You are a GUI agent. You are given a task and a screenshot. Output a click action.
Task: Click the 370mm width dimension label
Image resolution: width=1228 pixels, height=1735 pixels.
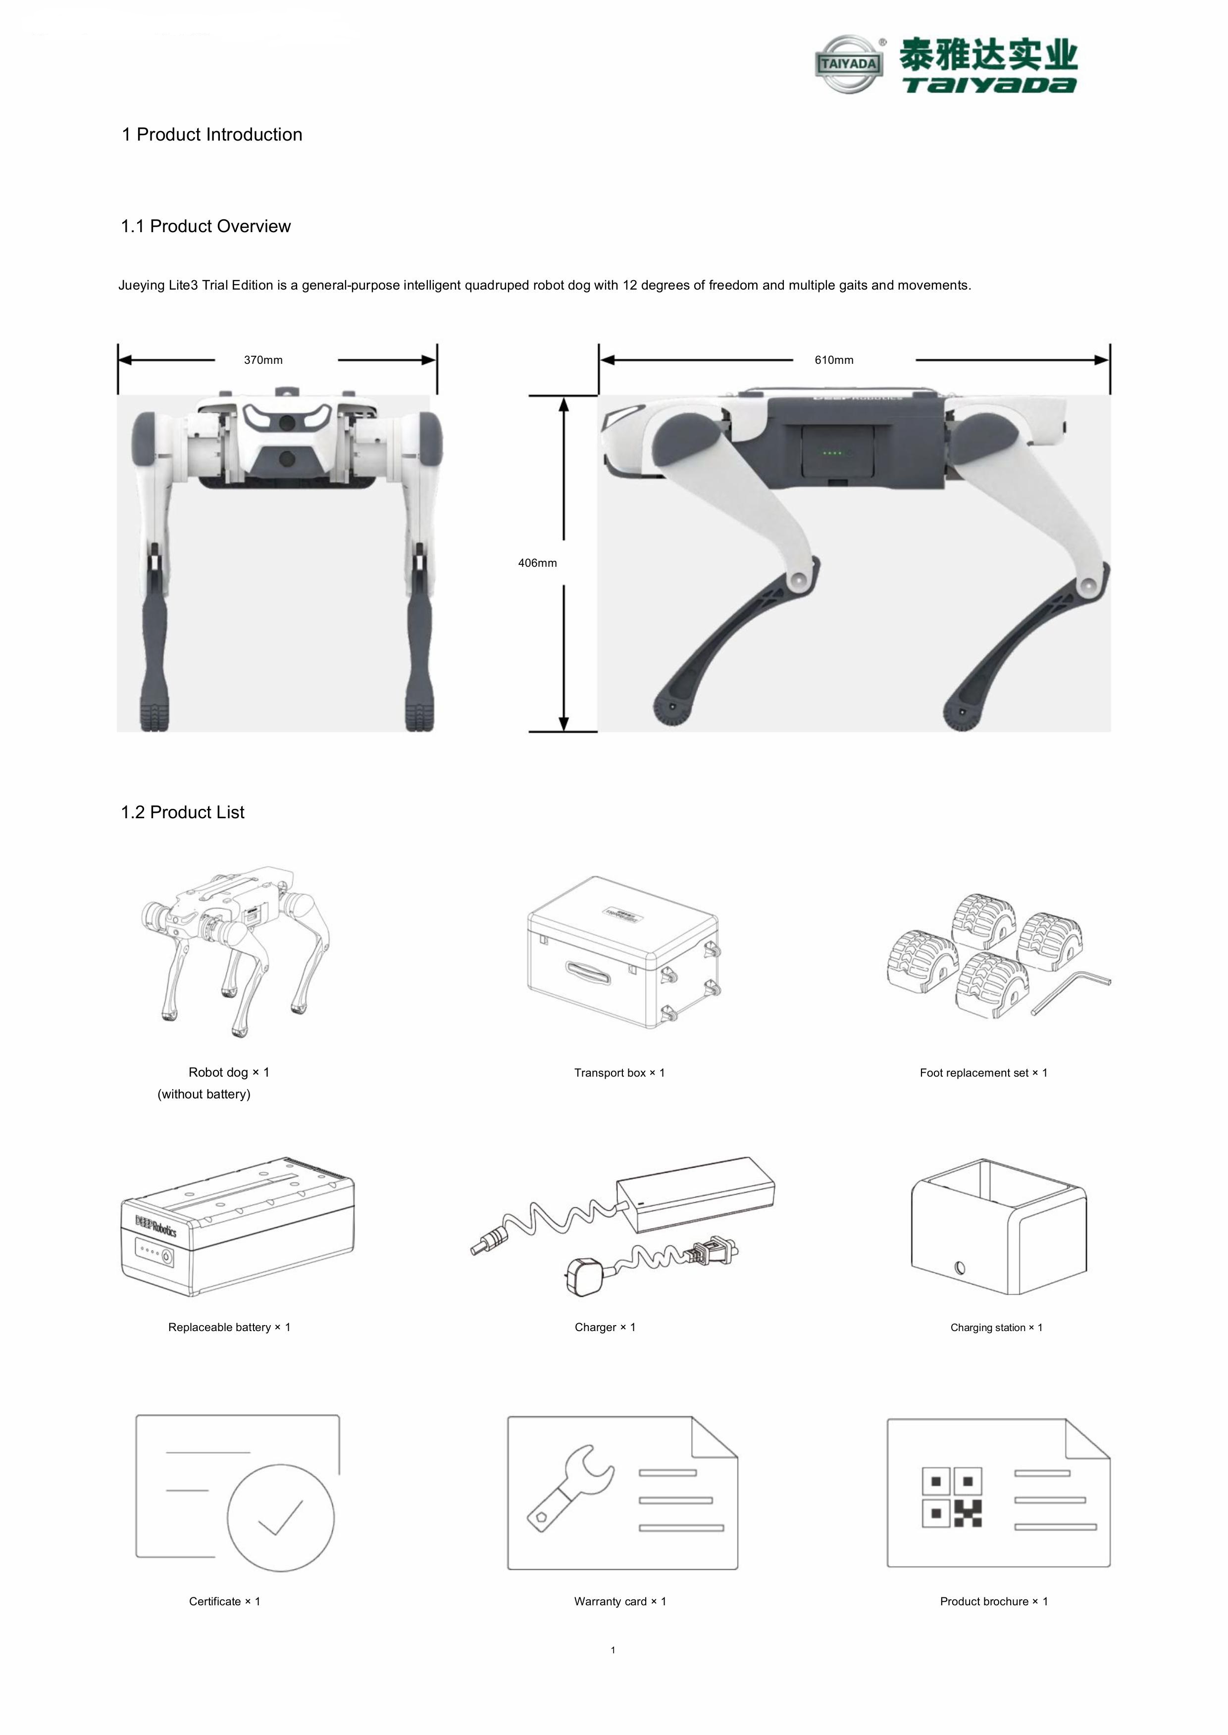tap(263, 360)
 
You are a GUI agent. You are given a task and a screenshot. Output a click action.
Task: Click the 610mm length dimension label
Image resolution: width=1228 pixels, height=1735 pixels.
tap(833, 360)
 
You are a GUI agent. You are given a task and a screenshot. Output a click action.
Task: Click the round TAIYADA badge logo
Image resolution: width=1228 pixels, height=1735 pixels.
tap(849, 64)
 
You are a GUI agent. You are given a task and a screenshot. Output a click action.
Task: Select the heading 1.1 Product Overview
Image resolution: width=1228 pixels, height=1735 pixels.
tap(205, 226)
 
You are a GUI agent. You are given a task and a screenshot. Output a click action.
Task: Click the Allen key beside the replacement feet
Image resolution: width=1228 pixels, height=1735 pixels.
tap(1070, 992)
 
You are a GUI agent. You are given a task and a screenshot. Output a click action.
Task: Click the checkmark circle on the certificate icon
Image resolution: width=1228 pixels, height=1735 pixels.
tap(281, 1517)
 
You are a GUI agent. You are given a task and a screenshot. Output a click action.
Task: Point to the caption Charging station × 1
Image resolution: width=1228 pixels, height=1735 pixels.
tap(996, 1328)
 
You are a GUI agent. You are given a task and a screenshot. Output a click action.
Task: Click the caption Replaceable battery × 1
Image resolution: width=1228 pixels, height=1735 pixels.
tap(229, 1327)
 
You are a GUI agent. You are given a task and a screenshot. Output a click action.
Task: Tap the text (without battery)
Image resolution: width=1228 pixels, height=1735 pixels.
tap(204, 1094)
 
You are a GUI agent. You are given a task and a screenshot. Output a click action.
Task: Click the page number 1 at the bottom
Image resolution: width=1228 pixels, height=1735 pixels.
tap(613, 1649)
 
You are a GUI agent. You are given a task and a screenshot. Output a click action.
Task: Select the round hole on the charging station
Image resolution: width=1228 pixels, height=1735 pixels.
tap(960, 1268)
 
